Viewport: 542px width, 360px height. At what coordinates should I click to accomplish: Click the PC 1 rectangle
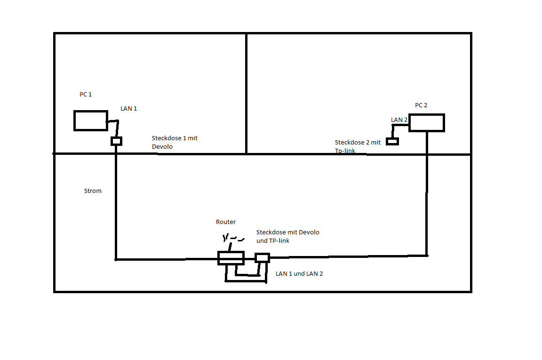[x=90, y=120]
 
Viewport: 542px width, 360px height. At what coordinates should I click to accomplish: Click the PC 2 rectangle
[x=426, y=123]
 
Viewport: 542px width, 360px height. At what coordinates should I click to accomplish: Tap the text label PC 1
[x=86, y=95]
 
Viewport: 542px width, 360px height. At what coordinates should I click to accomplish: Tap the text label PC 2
[x=421, y=105]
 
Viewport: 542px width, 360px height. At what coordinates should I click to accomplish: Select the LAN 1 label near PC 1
[x=128, y=109]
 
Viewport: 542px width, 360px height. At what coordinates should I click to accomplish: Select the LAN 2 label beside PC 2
[x=399, y=120]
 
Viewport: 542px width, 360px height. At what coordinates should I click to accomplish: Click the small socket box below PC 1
[x=116, y=141]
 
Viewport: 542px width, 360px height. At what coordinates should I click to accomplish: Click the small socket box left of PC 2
[x=392, y=141]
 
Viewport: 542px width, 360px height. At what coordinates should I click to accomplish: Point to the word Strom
[x=93, y=191]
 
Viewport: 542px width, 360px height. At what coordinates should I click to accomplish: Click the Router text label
[x=226, y=222]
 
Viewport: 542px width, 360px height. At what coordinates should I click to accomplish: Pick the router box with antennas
[x=231, y=258]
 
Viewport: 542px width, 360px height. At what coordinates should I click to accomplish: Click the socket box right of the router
[x=262, y=257]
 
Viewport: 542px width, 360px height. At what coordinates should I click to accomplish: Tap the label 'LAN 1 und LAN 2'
[x=299, y=273]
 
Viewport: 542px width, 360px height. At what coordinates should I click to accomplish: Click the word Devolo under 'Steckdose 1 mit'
[x=162, y=147]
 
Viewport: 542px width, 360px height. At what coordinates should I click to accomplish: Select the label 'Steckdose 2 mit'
[x=358, y=142]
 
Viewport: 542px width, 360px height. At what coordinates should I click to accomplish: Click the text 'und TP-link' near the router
[x=273, y=240]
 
